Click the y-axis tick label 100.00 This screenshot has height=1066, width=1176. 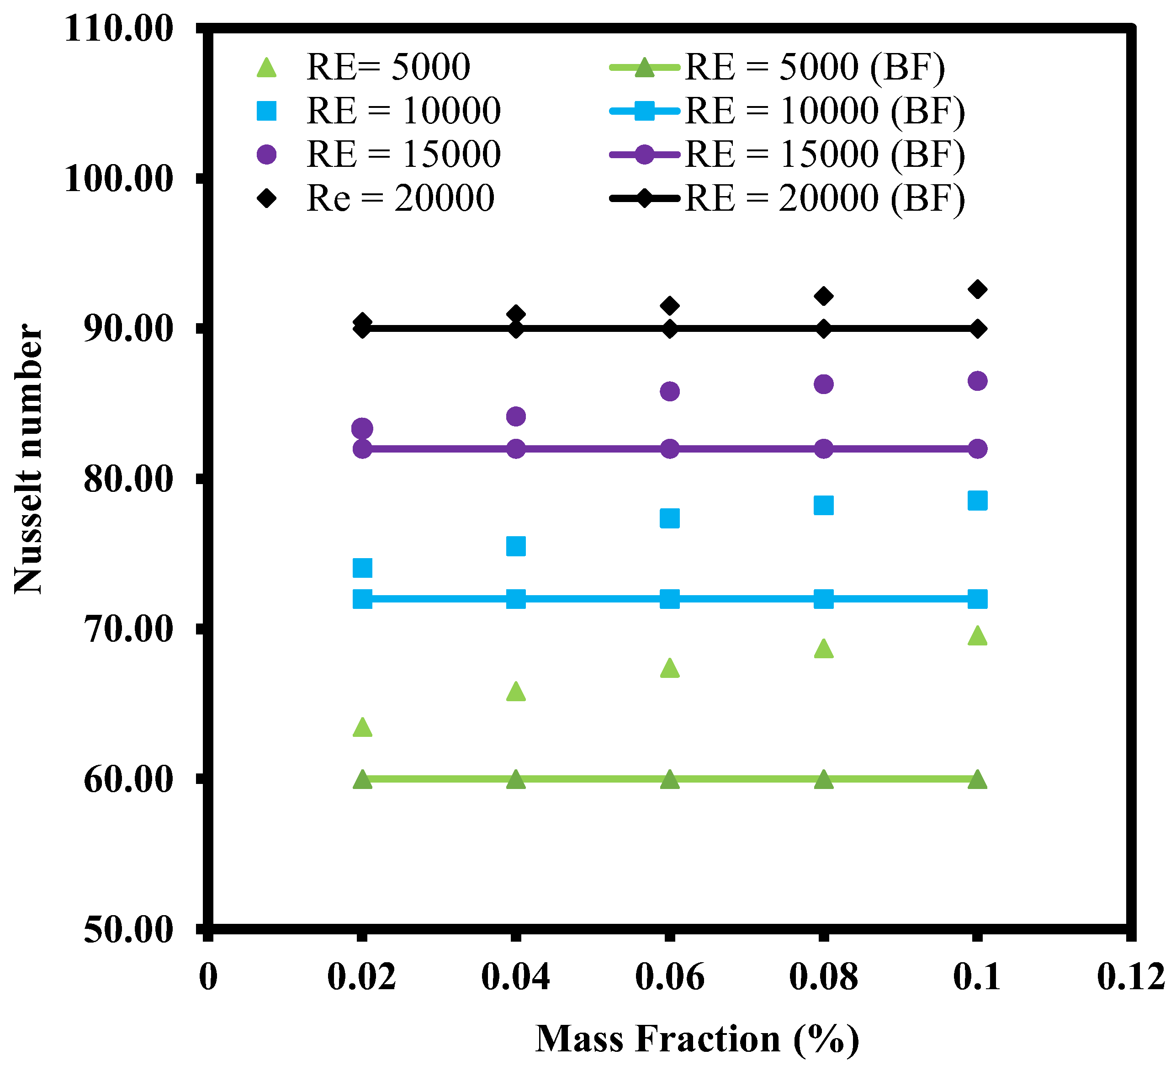tap(119, 179)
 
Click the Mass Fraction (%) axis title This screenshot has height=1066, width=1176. tap(697, 1039)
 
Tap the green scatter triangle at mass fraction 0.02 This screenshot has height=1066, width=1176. tap(362, 727)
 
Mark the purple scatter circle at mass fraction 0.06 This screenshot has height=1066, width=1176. tap(670, 391)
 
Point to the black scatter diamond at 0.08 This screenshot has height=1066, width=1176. tap(823, 296)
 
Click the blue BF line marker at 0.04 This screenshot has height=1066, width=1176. tap(516, 599)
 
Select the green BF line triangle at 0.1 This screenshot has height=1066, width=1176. tap(977, 780)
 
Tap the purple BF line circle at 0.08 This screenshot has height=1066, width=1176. tap(823, 449)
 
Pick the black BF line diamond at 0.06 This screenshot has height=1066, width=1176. tap(670, 329)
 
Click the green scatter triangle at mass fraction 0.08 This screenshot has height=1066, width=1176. tap(823, 649)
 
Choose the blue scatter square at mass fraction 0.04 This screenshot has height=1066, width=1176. tap(516, 546)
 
